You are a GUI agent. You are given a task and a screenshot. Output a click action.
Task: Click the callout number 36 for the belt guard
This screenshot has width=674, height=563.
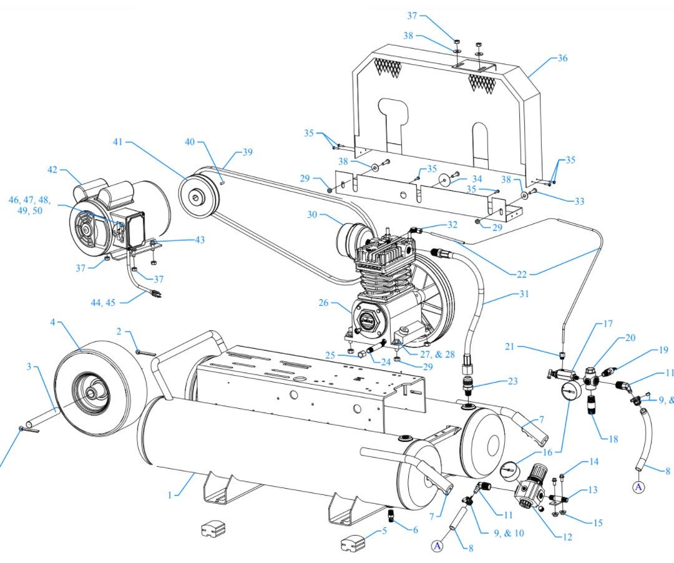pos(562,59)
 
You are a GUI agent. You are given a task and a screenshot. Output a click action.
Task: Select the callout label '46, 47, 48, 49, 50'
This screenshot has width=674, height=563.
pos(29,205)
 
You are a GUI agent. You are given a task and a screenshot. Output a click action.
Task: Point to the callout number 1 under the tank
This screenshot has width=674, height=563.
pos(169,495)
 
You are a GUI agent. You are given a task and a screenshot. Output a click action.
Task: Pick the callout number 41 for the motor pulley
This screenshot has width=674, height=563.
pos(118,142)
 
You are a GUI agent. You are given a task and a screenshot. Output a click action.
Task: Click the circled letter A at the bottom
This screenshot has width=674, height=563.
pos(437,546)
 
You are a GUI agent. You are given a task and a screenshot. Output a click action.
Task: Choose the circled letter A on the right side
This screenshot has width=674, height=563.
pos(638,487)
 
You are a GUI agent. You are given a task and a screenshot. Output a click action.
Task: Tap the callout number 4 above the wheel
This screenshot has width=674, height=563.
pos(53,322)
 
